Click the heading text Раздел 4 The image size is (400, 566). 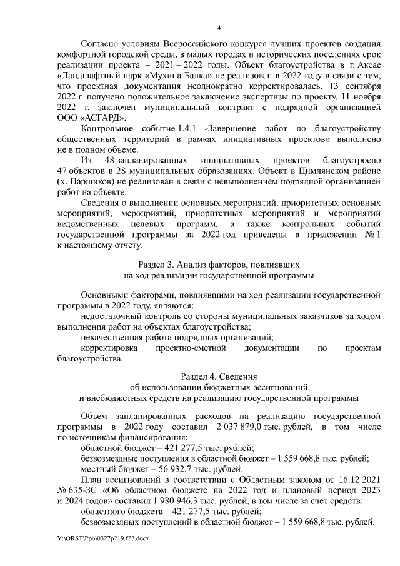[x=199, y=375]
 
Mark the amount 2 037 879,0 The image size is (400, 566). [x=241, y=427]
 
